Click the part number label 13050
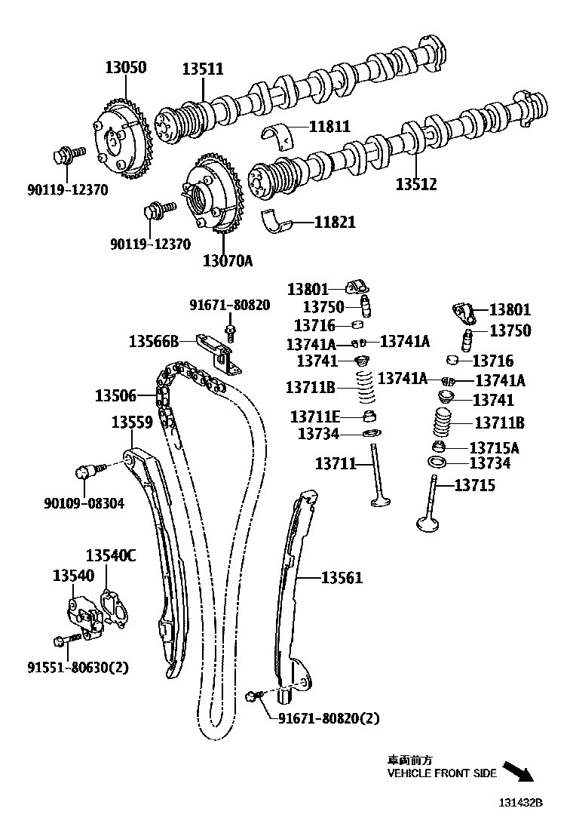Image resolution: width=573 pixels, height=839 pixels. click(125, 68)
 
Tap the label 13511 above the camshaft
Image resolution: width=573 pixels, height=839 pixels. click(202, 69)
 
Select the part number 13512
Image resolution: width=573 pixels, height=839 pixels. click(416, 183)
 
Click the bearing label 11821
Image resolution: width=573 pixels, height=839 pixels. click(335, 223)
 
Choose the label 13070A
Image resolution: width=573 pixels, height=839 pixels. click(227, 261)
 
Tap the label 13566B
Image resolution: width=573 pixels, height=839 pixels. click(153, 341)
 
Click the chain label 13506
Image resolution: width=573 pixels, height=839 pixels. click(115, 395)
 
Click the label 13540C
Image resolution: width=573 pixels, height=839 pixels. click(110, 556)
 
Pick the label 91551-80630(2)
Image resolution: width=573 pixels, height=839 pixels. click(78, 667)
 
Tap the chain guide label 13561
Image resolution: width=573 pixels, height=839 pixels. click(342, 578)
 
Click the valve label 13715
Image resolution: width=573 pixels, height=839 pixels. click(474, 486)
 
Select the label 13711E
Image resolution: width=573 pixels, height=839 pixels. click(315, 416)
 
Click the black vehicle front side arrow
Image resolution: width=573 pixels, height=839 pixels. click(517, 771)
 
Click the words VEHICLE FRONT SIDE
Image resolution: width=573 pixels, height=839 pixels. click(442, 773)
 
